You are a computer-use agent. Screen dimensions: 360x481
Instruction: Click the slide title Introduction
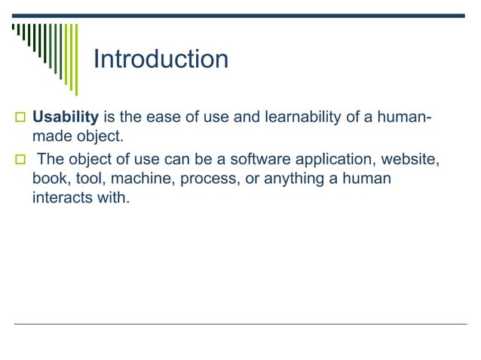point(160,59)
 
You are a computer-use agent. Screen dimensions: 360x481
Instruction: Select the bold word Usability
point(66,118)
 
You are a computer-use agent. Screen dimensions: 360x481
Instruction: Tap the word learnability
point(278,118)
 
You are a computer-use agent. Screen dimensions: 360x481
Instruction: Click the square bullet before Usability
point(19,119)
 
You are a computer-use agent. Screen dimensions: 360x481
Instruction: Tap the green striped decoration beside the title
point(45,49)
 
